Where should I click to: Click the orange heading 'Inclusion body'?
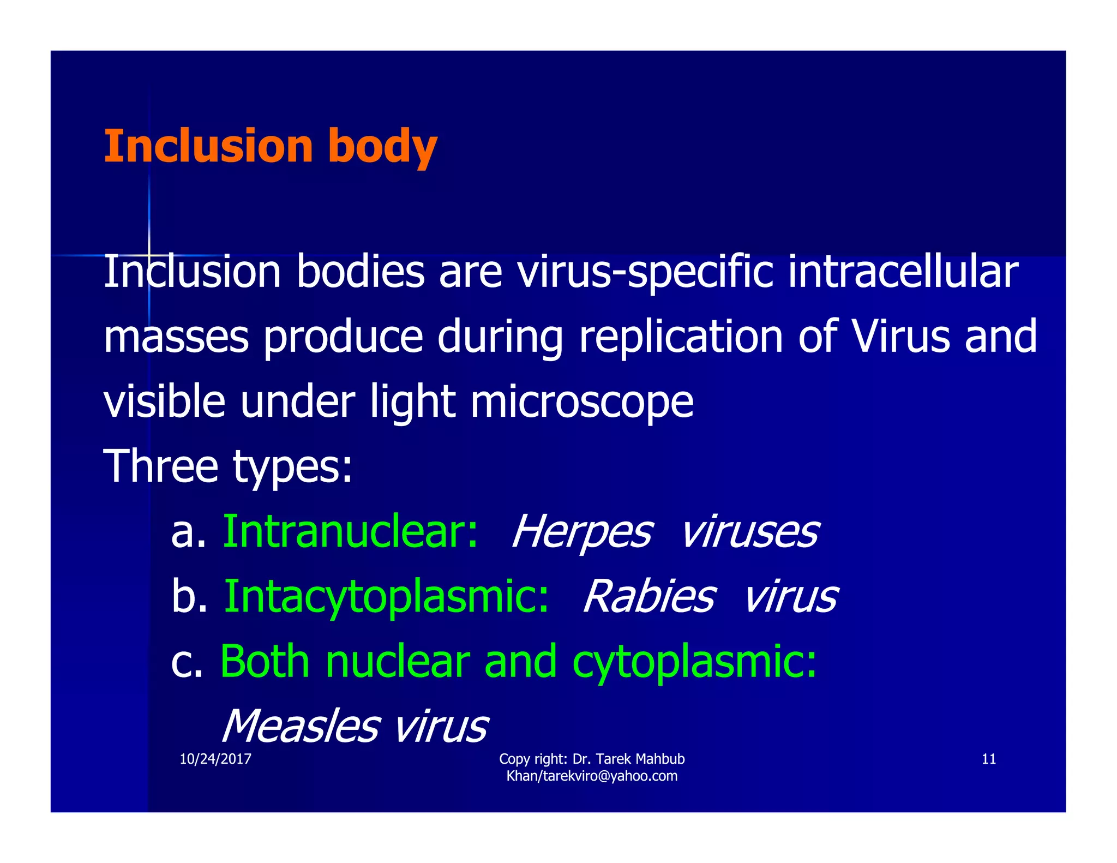coord(270,146)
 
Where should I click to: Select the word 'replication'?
coord(681,337)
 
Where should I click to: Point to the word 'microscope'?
coord(581,403)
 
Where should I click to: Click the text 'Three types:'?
coord(228,466)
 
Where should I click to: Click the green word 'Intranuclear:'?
coord(351,531)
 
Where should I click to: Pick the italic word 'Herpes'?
coord(582,532)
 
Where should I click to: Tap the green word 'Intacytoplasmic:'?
coord(386,596)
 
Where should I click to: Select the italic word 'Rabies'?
coord(649,596)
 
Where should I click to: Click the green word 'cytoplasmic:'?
coord(694,662)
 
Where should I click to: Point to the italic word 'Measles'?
coord(300,726)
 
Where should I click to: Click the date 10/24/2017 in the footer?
coord(215,759)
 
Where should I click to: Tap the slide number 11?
coord(988,759)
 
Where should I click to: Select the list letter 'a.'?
coord(188,532)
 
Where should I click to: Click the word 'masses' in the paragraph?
coord(176,338)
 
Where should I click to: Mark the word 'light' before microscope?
coord(412,403)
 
